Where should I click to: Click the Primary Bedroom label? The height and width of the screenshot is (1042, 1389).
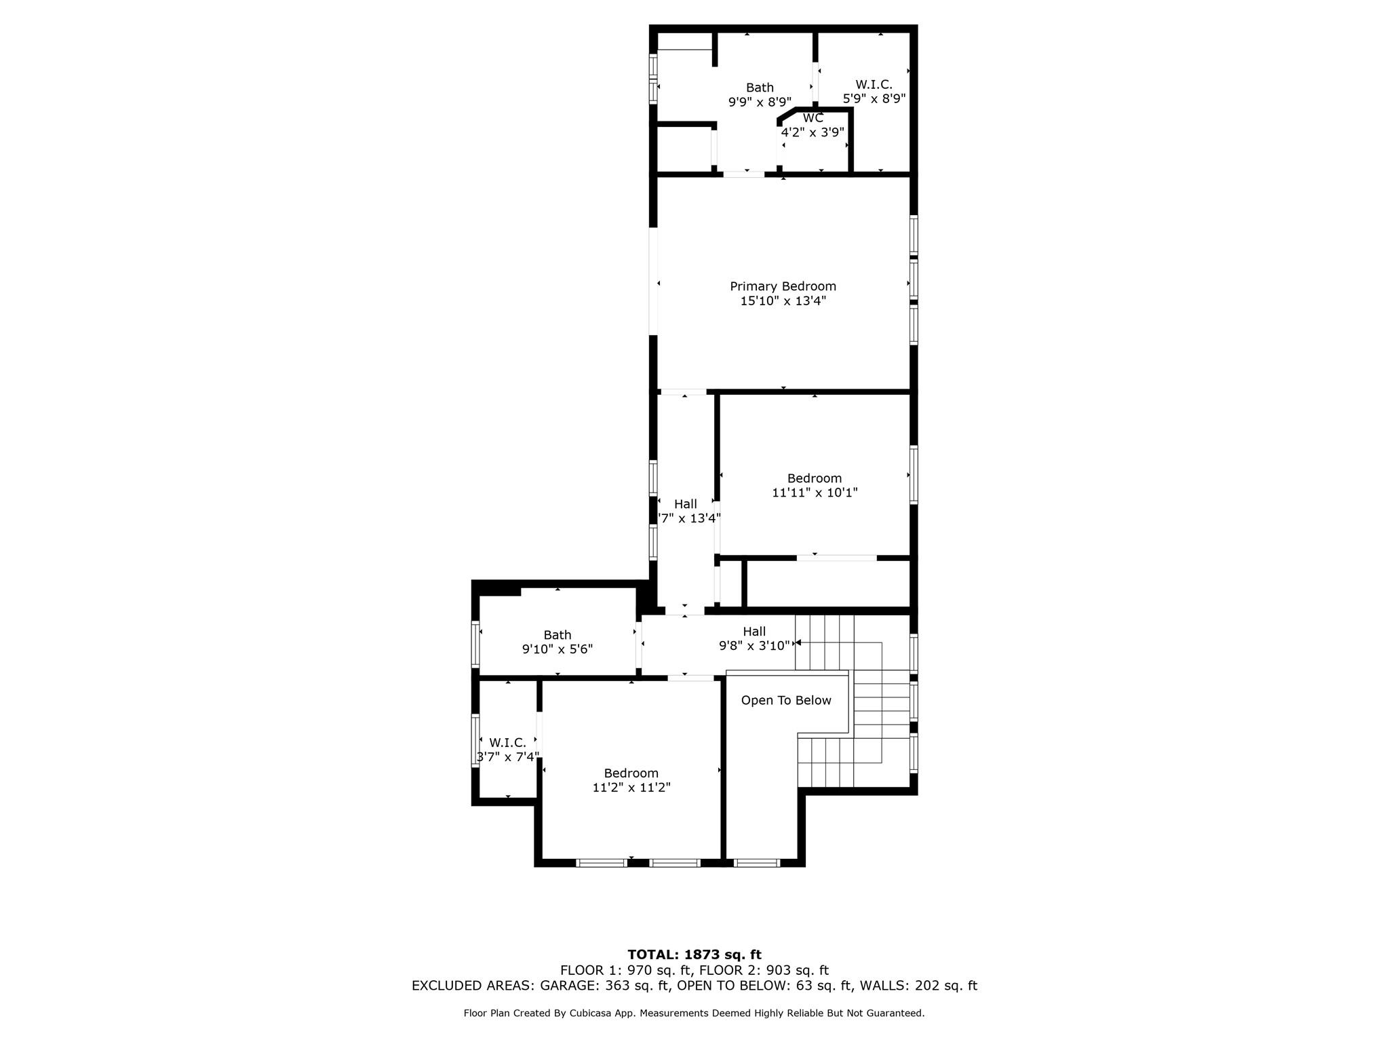coord(783,286)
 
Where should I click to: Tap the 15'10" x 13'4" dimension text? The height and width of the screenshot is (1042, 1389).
coord(783,301)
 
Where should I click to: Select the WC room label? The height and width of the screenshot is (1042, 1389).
coord(813,118)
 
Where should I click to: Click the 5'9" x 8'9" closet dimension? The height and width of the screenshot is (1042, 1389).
coord(874,99)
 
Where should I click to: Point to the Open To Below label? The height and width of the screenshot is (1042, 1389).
coord(785,700)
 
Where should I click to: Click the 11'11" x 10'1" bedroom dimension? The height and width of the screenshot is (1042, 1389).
coord(815,493)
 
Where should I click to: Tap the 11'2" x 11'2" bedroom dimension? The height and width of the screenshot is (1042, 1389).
coord(631,788)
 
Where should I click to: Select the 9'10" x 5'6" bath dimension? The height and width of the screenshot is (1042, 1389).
coord(557,649)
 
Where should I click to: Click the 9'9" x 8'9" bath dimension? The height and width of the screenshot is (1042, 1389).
coord(760,102)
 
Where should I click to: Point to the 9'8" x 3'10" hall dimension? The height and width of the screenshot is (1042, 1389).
coord(754,646)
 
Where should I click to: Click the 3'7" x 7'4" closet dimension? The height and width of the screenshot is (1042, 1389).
coord(507,757)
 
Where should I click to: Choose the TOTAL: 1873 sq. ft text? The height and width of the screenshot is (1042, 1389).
coord(694,954)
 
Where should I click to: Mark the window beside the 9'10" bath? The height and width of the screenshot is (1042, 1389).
coord(475,644)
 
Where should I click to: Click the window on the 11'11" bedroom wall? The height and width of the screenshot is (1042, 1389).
coord(914,475)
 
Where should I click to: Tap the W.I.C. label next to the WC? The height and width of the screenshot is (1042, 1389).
coord(874,85)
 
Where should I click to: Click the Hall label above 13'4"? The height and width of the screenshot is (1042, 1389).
coord(685,504)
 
